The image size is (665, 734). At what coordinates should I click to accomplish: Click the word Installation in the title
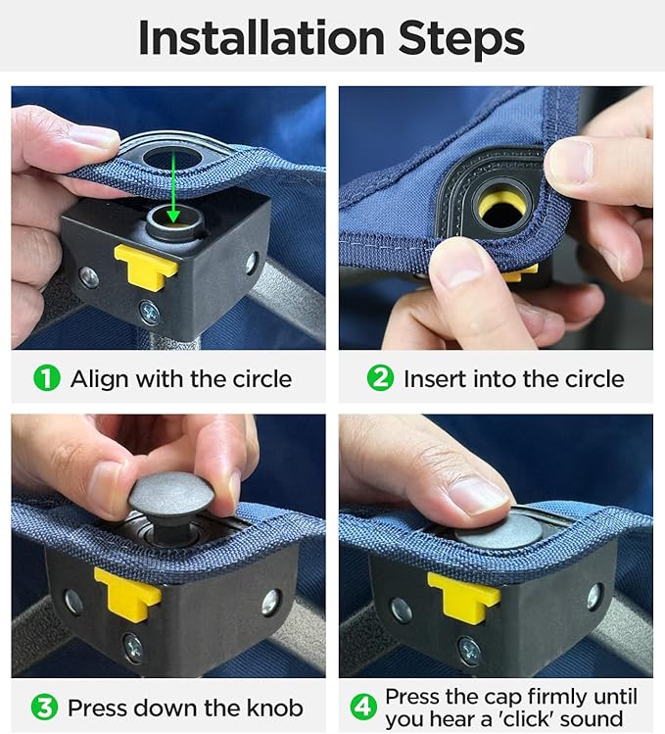pos(261,37)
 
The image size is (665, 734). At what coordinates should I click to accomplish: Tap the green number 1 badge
pos(47,378)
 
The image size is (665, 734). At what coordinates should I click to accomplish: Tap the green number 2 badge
pos(380,378)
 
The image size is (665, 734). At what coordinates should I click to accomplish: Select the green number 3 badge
pos(44,708)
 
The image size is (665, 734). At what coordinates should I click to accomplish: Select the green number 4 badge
pos(363,708)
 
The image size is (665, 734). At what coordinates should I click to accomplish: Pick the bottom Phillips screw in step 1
pos(149,312)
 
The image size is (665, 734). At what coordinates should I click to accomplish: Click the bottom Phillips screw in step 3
pos(133,648)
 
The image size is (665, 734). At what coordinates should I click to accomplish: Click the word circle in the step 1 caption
pos(262,378)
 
